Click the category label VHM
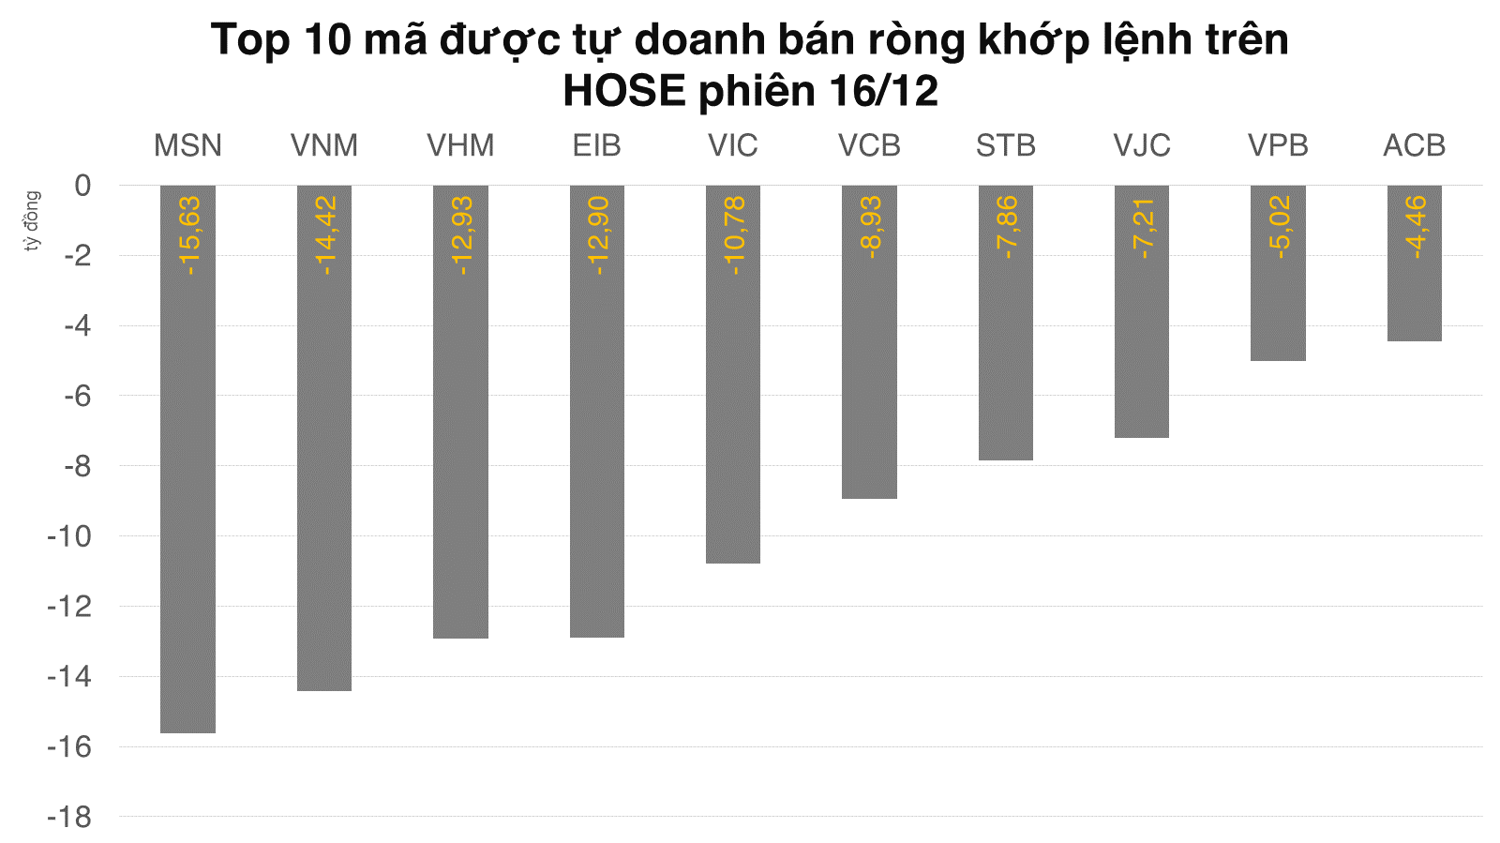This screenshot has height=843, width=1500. [460, 146]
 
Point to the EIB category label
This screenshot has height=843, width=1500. [596, 146]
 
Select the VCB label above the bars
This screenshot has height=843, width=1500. [869, 146]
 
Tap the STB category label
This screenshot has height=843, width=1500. [1005, 146]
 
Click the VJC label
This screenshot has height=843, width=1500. [1142, 146]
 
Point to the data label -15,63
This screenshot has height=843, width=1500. [188, 235]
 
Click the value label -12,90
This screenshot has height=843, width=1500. [597, 235]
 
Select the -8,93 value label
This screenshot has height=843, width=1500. [870, 227]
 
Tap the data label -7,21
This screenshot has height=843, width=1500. [1143, 227]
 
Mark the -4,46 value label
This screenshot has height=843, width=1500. [1416, 227]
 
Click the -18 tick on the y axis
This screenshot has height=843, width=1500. [70, 817]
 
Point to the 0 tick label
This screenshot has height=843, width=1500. [83, 186]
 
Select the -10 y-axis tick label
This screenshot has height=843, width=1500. [70, 536]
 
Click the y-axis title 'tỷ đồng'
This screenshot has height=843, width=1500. [33, 221]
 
